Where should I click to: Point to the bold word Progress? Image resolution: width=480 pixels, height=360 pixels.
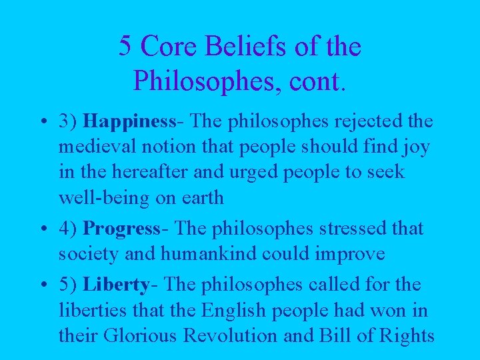point(121,228)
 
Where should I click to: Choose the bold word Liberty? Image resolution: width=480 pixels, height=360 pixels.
point(115,285)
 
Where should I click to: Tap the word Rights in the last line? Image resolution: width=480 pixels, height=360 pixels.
point(405,336)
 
